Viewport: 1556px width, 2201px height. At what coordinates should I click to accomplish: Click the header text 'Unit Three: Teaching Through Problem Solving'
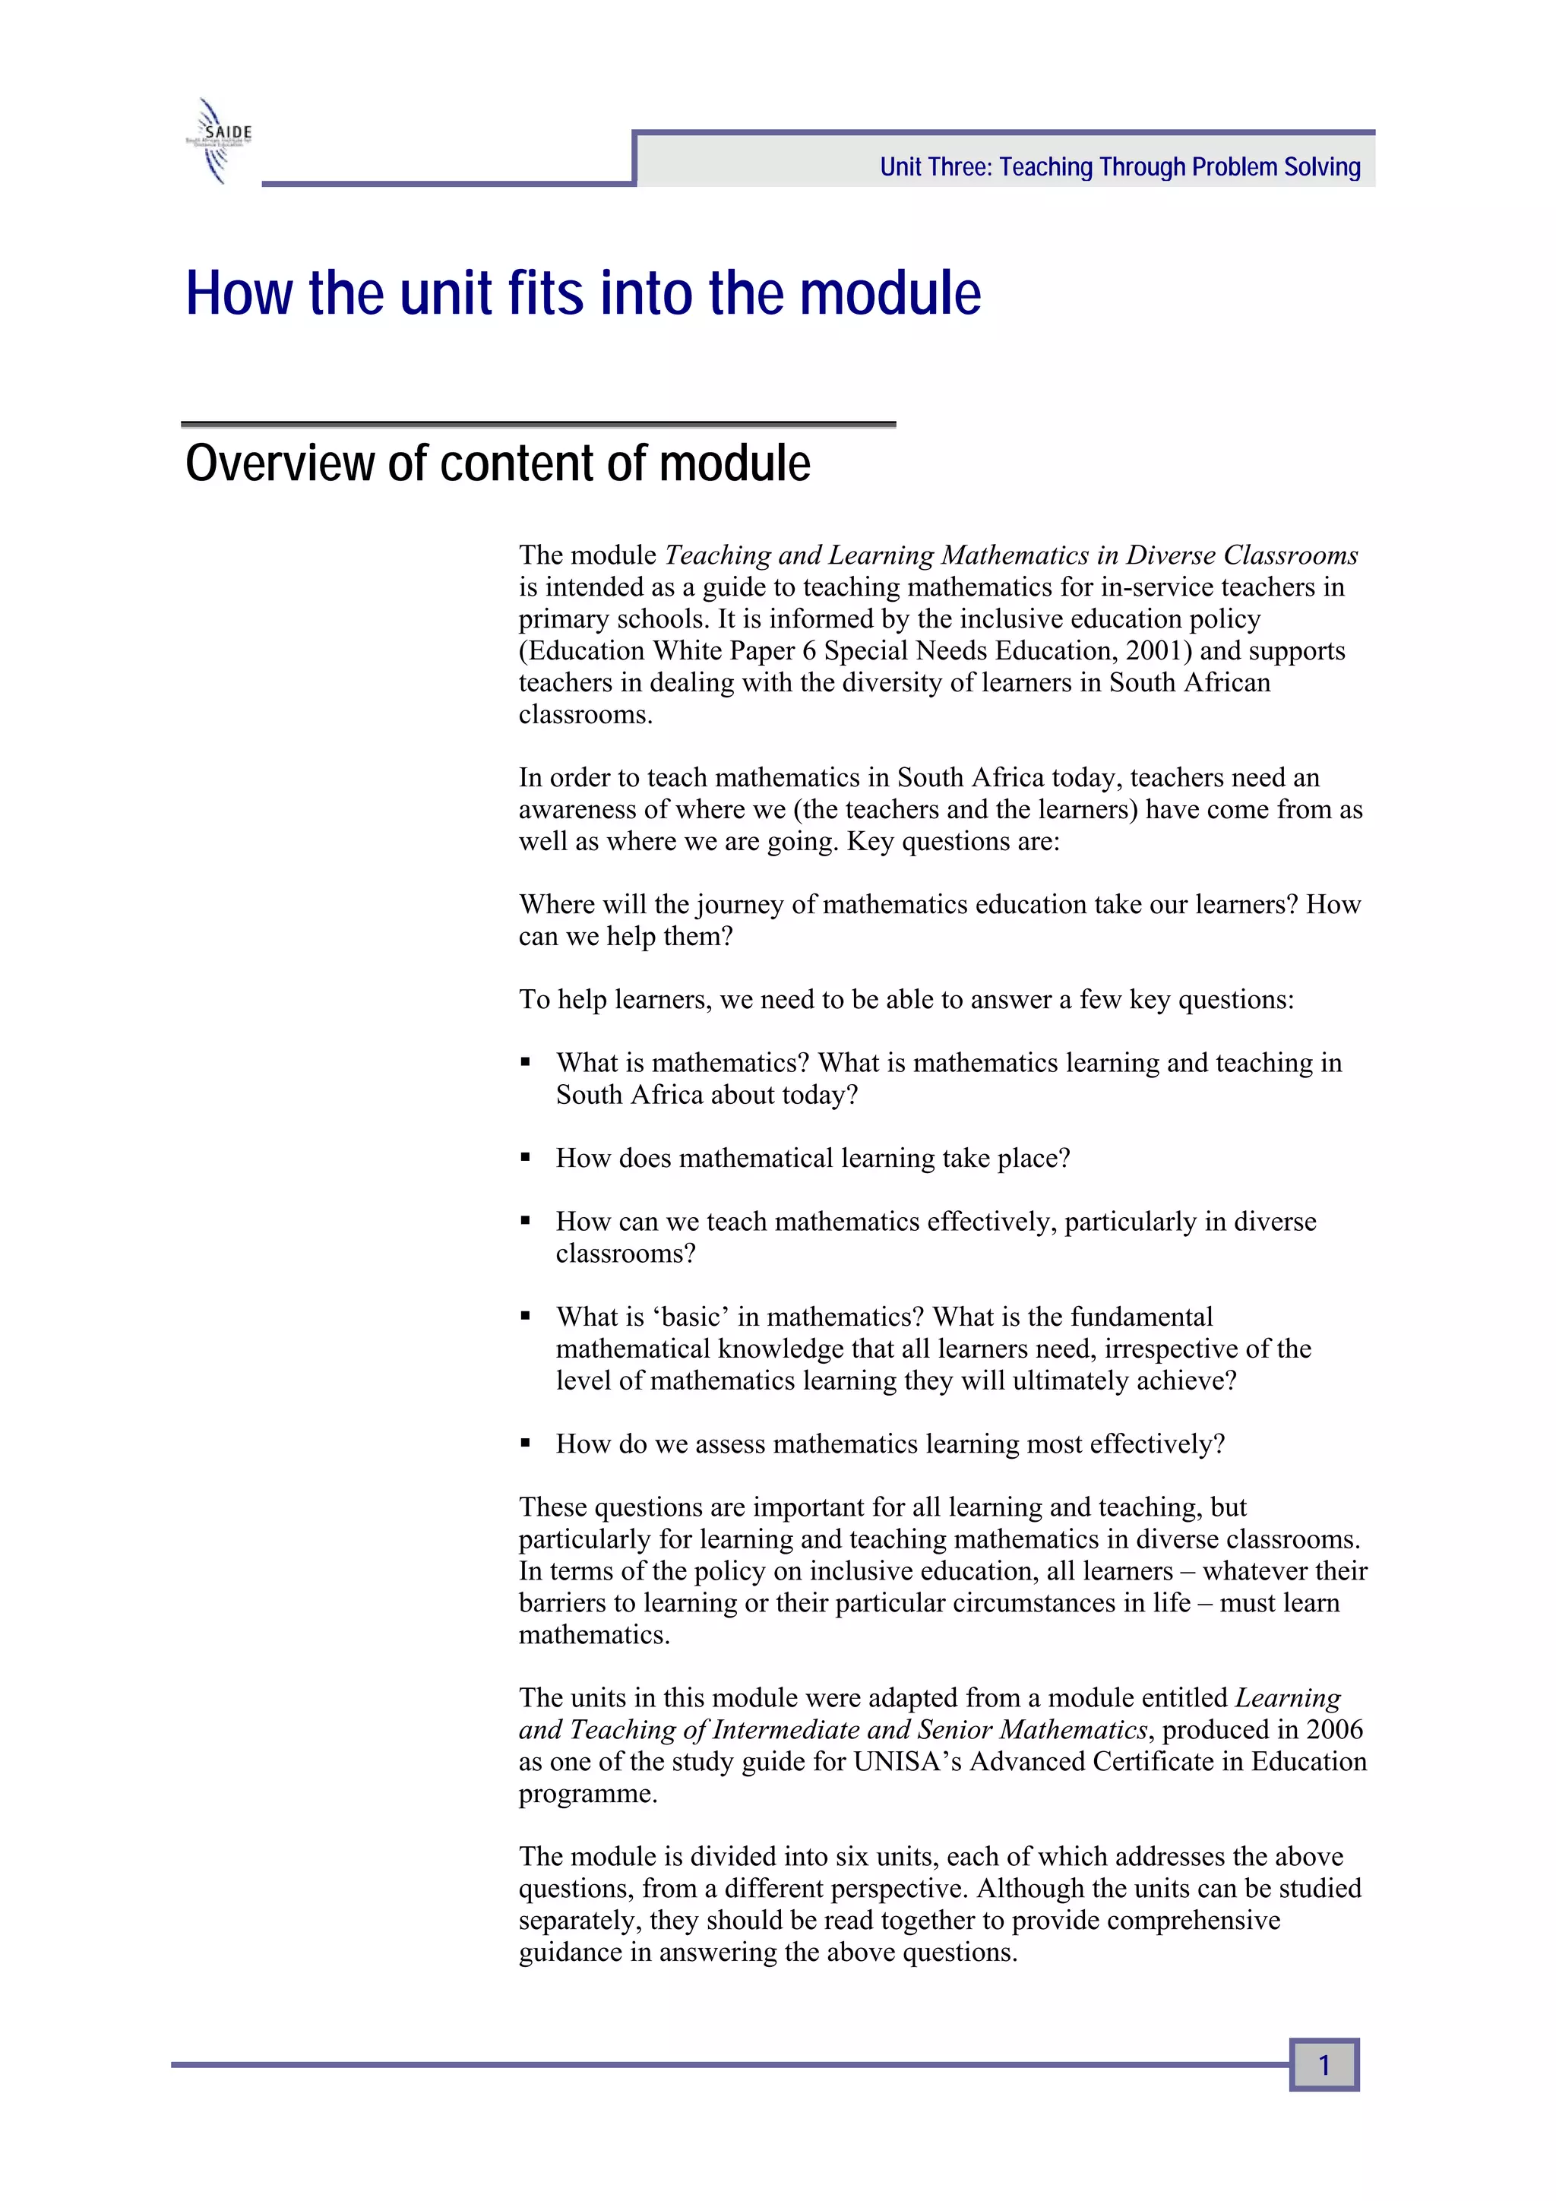coord(1120,167)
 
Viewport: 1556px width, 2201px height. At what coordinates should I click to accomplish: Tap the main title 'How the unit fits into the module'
coord(583,293)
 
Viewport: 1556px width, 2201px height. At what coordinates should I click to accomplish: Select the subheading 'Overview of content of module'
coord(498,463)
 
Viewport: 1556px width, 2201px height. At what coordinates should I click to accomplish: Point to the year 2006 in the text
coord(1335,1729)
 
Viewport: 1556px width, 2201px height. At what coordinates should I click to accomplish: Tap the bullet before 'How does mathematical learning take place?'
coord(525,1157)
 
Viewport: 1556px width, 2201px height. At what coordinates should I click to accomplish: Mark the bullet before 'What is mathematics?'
coord(525,1062)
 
